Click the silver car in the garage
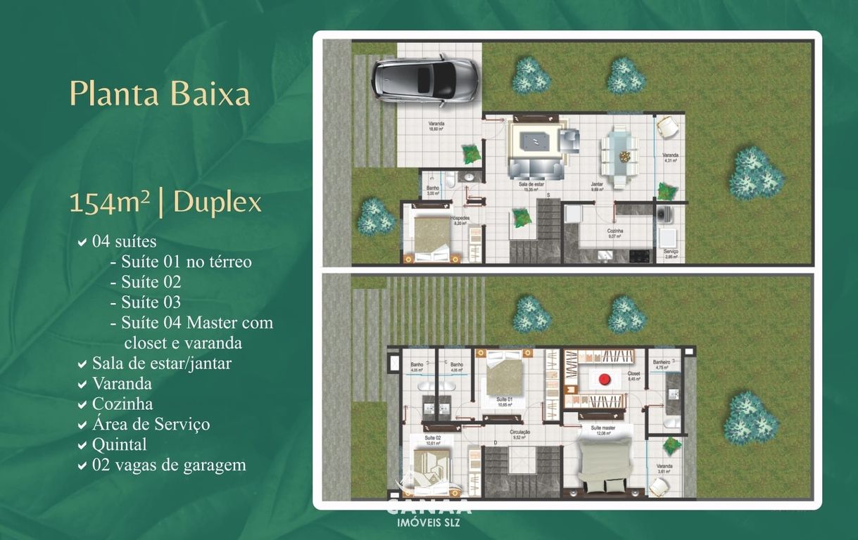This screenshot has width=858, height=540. click(425, 80)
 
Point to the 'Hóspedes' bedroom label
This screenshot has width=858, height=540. click(460, 219)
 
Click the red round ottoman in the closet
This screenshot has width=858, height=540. click(604, 380)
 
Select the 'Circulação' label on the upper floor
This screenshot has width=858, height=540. click(520, 433)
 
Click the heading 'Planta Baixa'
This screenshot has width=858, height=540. click(160, 94)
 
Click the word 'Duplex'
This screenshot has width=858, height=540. click(217, 202)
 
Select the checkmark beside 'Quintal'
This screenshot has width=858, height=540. click(82, 445)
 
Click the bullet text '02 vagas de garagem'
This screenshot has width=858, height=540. click(169, 465)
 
